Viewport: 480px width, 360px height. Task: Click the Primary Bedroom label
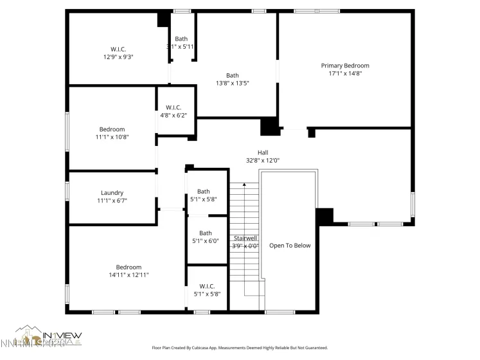point(345,66)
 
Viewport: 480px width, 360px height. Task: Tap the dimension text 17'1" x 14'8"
point(345,73)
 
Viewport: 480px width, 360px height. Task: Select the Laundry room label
point(112,193)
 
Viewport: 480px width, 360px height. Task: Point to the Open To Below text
point(290,246)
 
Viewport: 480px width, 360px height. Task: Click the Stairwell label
point(245,238)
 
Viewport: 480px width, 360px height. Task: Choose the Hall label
point(263,152)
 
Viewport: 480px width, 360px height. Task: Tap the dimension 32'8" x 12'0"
point(263,160)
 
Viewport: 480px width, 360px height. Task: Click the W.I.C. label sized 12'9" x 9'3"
point(118,49)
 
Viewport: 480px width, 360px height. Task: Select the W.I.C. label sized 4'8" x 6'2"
point(173,107)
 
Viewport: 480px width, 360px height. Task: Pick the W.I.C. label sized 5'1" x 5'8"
point(207,286)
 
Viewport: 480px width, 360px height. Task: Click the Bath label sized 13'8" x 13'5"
point(232,75)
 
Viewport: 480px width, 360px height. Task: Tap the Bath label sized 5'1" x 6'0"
point(206,233)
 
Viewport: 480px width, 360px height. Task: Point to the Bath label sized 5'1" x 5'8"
point(203,192)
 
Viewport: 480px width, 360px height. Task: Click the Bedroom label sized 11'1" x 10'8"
point(112,129)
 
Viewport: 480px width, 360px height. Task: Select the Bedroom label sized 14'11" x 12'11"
point(129,267)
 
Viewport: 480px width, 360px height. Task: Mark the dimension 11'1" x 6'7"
point(112,201)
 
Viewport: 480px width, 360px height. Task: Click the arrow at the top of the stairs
point(244,186)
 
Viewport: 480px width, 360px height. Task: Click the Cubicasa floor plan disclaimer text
point(239,348)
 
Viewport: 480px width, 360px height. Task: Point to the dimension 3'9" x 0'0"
point(245,246)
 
